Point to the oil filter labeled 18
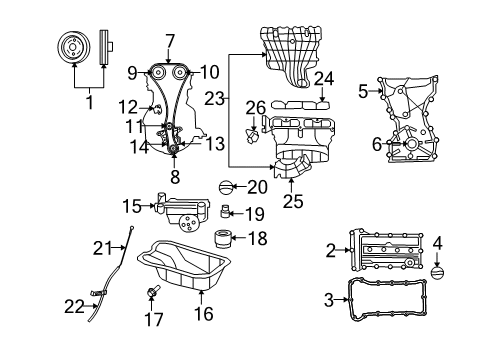224,239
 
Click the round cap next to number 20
227,186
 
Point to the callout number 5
364,91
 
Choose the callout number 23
214,98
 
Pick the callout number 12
124,106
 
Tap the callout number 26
256,107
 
